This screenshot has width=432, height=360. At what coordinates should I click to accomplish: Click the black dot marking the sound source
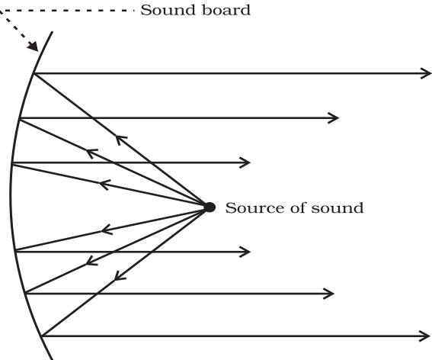tap(210, 207)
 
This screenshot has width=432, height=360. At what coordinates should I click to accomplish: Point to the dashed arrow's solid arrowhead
tap(34, 47)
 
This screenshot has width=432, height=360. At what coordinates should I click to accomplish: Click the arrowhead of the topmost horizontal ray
tap(426, 73)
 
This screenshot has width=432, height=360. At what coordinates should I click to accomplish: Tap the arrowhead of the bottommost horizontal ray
tap(425, 336)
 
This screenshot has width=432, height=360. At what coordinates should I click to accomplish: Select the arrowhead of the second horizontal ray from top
tap(334, 118)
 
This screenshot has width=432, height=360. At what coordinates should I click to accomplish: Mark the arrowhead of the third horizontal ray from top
tap(245, 162)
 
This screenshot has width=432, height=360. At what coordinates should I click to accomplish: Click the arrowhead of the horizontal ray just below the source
tap(245, 252)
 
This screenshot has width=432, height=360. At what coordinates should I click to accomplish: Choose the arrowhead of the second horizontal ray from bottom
tap(329, 294)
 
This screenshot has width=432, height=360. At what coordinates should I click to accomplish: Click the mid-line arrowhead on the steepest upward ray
tap(120, 139)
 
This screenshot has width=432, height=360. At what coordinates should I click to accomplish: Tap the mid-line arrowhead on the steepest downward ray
tap(118, 276)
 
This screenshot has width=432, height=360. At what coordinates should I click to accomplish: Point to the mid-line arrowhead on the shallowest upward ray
tap(104, 185)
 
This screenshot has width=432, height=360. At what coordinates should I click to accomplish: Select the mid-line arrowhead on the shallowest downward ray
tap(106, 229)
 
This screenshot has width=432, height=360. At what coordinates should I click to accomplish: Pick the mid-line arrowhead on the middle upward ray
tap(91, 153)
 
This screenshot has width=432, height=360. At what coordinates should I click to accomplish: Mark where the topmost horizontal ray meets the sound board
tap(34, 74)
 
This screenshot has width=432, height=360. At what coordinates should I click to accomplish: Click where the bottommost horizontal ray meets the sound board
tap(42, 336)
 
